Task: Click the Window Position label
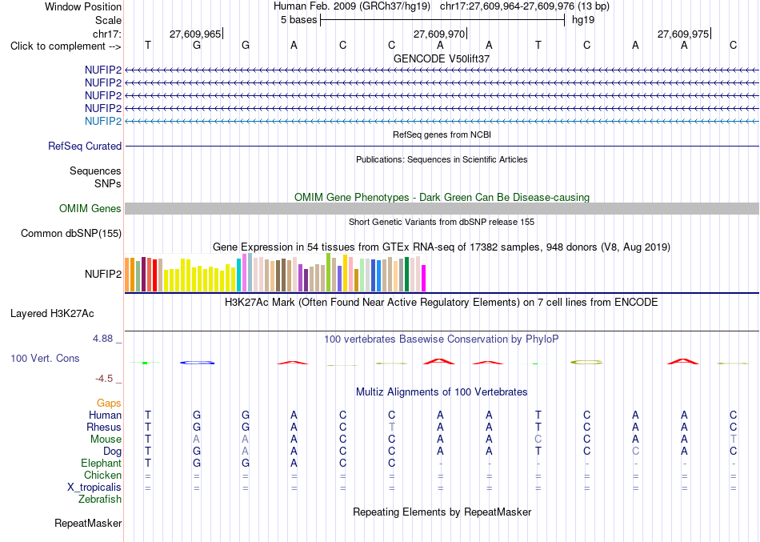(x=83, y=6)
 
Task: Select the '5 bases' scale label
(x=298, y=20)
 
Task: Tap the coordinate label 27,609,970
(x=439, y=34)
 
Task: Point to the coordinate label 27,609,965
(x=195, y=34)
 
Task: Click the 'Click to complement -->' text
(x=66, y=46)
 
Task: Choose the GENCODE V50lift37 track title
(x=442, y=58)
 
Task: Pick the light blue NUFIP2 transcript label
(x=103, y=122)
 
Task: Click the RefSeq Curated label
(x=85, y=146)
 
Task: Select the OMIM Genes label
(x=90, y=209)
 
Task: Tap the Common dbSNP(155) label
(x=71, y=234)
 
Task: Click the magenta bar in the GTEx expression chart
(x=424, y=278)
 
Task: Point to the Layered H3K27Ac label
(x=52, y=314)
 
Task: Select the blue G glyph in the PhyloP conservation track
(x=197, y=363)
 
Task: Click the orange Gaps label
(x=109, y=403)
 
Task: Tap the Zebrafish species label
(x=100, y=500)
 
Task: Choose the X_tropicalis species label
(x=94, y=488)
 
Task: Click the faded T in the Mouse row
(x=734, y=440)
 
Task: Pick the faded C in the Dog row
(x=635, y=452)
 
